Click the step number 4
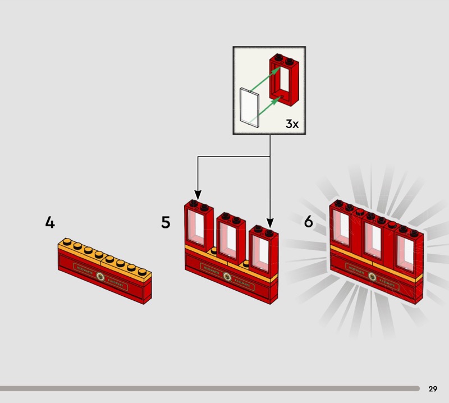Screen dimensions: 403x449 (x=50, y=223)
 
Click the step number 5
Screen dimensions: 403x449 (x=166, y=222)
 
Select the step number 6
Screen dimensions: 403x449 (x=308, y=222)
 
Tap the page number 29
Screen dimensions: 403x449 (x=433, y=388)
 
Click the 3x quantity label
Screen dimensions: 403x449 (x=292, y=124)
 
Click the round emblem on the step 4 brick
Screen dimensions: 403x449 (x=101, y=276)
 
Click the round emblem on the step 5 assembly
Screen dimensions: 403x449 (x=227, y=276)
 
